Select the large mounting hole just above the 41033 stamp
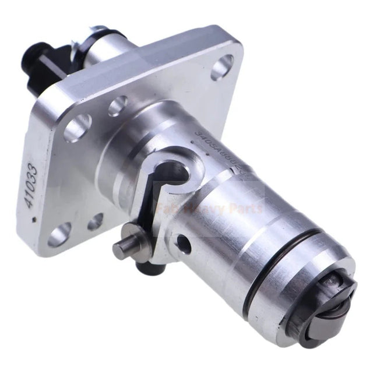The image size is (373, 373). [x=78, y=128]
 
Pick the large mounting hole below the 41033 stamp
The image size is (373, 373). [x=61, y=234]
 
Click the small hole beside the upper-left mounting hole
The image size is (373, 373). [x=117, y=105]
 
